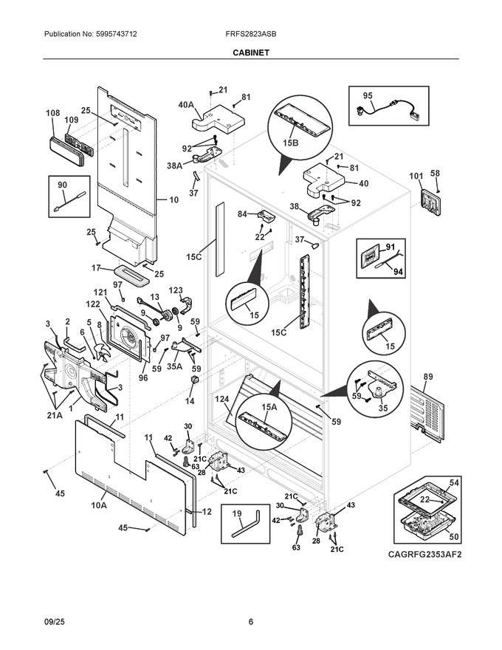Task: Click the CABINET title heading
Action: (250, 53)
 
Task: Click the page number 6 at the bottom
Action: (250, 622)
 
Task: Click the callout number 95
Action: (367, 96)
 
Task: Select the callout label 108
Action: (53, 113)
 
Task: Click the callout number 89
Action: (427, 377)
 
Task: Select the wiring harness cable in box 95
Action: (388, 110)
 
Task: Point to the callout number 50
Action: (454, 538)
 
